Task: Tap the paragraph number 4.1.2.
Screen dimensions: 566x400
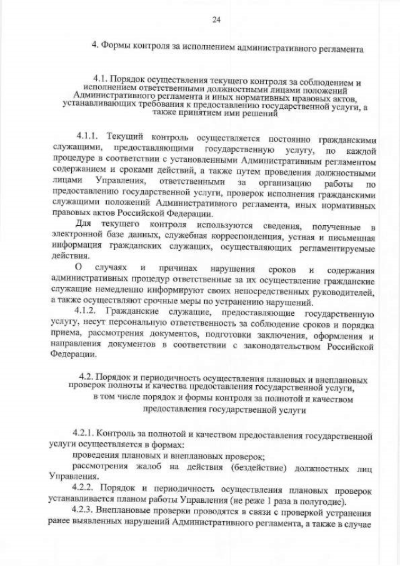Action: pos(87,310)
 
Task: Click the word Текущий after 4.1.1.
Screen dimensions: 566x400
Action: pos(125,136)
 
